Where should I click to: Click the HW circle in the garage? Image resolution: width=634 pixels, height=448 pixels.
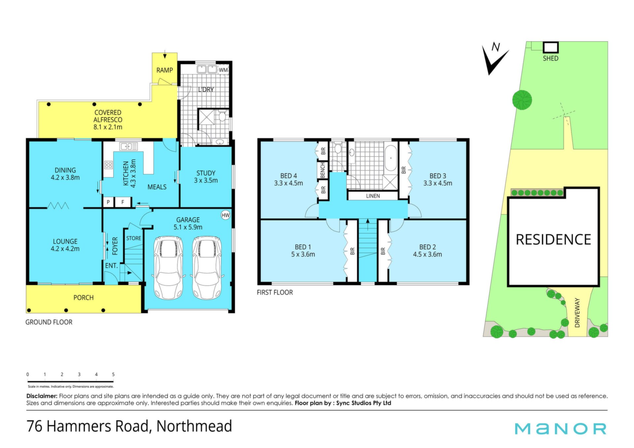226,215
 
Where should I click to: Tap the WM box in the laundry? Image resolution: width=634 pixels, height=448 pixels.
223,70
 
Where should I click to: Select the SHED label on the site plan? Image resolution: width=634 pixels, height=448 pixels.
550,58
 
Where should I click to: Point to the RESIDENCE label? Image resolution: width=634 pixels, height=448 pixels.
553,240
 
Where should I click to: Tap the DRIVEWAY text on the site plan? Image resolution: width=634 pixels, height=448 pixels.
577,313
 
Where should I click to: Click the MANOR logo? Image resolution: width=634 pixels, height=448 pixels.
560,429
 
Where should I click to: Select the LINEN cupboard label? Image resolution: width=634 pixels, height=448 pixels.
373,196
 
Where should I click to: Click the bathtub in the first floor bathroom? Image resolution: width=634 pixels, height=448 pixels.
391,158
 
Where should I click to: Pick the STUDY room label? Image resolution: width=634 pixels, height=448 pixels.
206,173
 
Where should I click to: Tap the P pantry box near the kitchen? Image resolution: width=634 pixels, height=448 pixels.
108,202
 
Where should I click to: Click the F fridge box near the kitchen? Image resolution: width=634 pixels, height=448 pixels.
123,202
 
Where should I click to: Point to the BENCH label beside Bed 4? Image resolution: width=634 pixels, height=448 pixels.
323,170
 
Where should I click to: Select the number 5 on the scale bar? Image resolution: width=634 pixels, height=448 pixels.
113,374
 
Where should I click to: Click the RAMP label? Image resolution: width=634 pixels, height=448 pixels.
164,70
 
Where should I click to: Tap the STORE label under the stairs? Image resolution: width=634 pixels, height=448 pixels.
134,238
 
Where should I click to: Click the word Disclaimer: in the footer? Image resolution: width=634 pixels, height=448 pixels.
42,396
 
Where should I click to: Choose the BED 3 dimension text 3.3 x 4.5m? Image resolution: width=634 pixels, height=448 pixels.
438,183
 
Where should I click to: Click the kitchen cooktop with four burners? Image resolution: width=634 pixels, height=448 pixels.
108,165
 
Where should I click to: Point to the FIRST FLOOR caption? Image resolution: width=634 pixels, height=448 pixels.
275,293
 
